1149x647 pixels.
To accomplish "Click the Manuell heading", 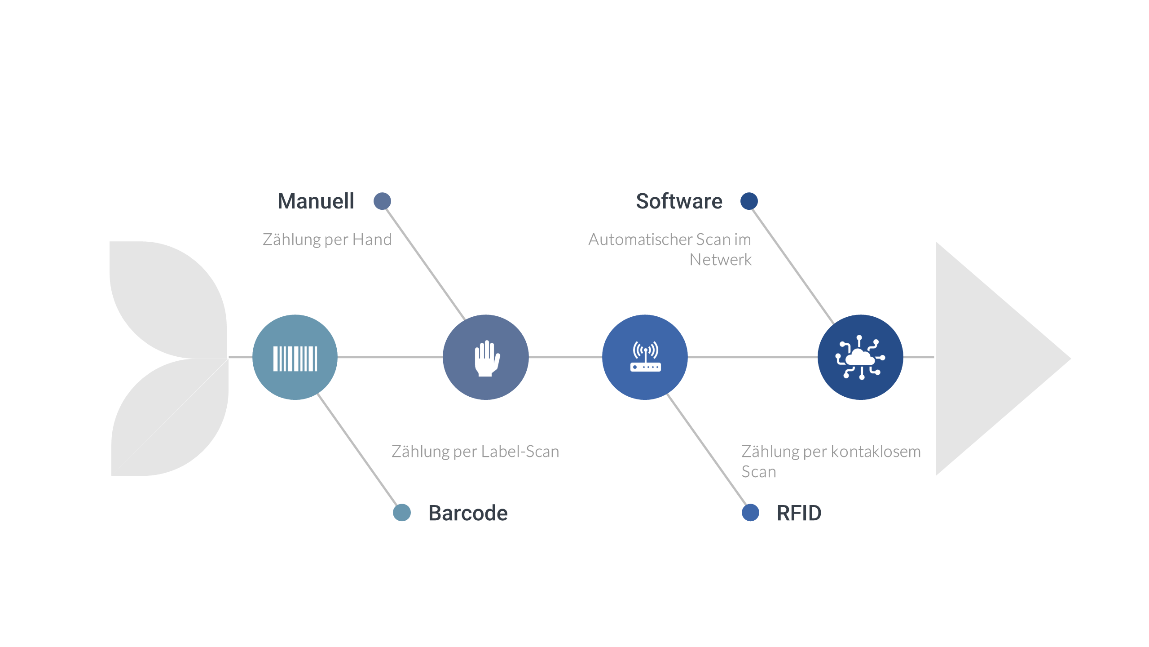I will tap(316, 201).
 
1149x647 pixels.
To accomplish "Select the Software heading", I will tap(679, 201).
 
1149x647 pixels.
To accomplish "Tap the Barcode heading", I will tap(468, 513).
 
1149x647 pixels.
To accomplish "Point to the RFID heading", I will tap(799, 513).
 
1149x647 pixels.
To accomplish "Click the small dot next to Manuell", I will tap(382, 201).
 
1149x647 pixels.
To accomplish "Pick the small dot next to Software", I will tap(749, 201).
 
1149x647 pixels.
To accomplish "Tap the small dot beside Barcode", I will tap(401, 513).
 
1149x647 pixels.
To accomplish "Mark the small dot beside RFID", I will tap(750, 513).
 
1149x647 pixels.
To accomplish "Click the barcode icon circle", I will tap(295, 357).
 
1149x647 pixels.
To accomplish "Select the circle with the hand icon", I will tap(485, 357).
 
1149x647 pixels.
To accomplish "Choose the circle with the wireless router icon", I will tap(645, 357).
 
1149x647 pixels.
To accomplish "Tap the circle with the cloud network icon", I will tap(860, 357).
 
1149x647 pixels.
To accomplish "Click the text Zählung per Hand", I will tap(327, 239).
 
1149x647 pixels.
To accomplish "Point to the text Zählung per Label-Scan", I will tap(475, 452).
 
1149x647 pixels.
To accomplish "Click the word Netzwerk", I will tap(720, 260).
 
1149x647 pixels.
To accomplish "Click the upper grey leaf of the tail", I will tap(166, 297).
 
